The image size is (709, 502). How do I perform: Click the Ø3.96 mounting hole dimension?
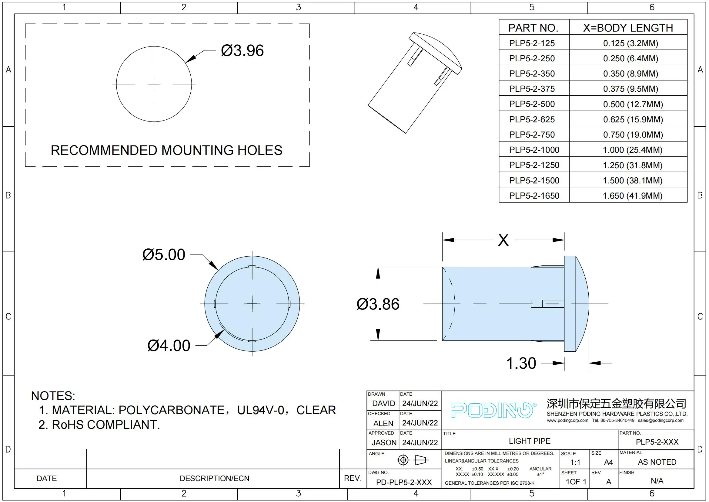242,51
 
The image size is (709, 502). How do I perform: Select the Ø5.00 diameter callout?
164,254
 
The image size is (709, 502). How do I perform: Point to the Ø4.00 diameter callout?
169,346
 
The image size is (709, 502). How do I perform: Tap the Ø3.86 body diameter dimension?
378,304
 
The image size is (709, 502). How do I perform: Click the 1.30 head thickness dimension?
521,363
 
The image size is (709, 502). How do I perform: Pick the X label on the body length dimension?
503,240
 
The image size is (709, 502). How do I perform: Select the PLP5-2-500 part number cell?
532,104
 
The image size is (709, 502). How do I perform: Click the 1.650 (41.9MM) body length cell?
632,196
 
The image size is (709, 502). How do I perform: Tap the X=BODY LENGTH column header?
628,28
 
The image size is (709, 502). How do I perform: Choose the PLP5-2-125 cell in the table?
532,43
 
